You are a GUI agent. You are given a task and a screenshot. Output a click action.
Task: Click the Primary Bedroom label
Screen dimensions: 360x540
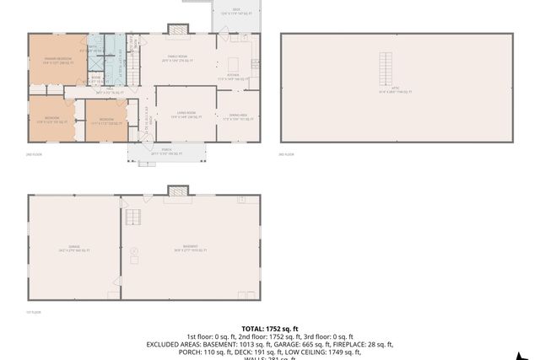click(x=57, y=60)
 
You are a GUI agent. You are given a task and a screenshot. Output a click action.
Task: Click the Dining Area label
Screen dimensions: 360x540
click(x=232, y=118)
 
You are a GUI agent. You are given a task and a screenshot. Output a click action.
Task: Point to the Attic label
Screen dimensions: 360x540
click(x=395, y=90)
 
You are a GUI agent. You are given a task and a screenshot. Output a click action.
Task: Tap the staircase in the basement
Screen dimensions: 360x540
click(x=132, y=217)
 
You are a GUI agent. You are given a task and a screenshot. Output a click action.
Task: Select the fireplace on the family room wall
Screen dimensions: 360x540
click(x=177, y=30)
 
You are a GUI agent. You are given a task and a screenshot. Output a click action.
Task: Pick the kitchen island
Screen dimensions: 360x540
click(x=234, y=63)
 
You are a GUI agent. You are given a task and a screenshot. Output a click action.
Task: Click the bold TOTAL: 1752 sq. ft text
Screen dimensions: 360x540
click(x=270, y=328)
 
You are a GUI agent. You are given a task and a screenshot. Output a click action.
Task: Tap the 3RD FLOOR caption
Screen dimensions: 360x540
click(x=287, y=154)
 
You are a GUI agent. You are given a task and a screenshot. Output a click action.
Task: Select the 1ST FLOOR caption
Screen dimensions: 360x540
click(x=35, y=312)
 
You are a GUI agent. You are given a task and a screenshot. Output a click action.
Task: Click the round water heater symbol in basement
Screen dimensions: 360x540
click(x=133, y=249)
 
